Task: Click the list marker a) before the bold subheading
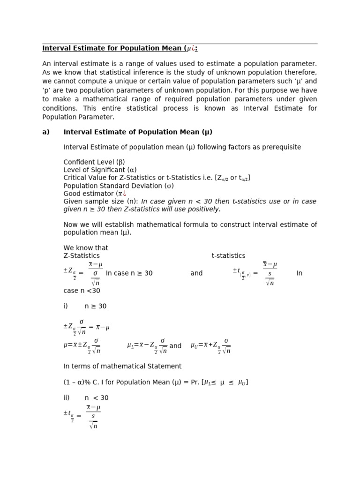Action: (46, 132)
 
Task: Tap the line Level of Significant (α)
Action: (100, 170)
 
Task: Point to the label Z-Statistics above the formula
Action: (82, 255)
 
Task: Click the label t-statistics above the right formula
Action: (228, 255)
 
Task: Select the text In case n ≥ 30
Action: (129, 273)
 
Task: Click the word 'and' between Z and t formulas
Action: (196, 273)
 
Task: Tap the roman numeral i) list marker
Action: (66, 306)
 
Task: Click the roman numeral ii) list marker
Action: (67, 397)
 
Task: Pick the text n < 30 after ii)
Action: (97, 397)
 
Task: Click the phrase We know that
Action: (86, 247)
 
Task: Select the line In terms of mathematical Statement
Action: (122, 366)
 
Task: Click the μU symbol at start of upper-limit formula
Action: (194, 345)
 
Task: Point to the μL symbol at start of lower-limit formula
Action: (130, 345)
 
